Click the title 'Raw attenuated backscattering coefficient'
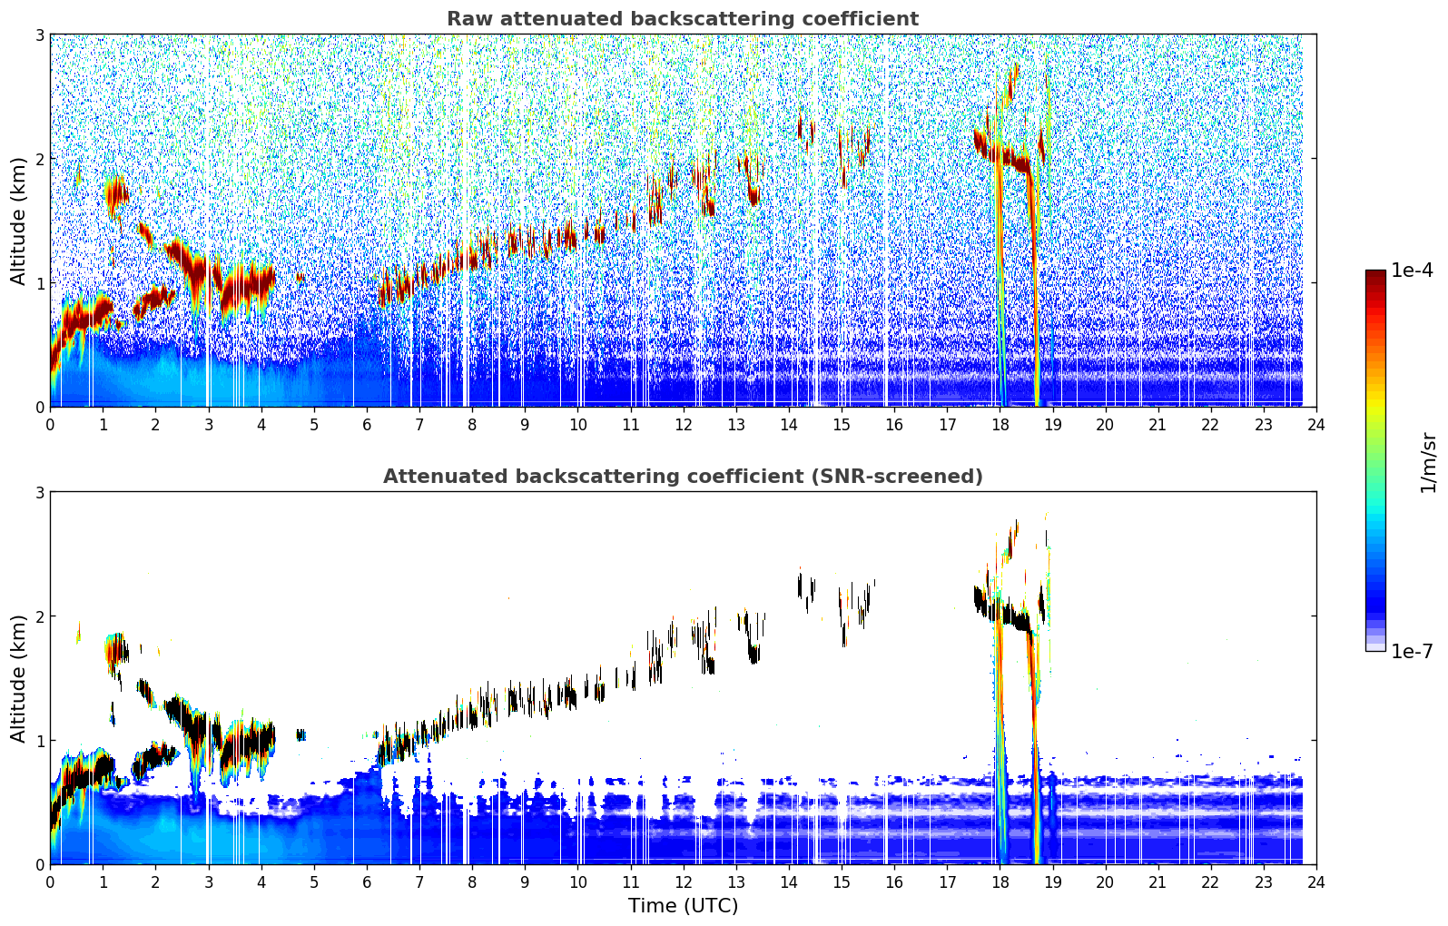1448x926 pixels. tap(683, 19)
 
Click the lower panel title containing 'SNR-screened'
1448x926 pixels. tap(683, 476)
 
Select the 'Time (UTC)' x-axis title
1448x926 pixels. tap(683, 905)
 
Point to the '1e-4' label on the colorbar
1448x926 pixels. tap(1412, 270)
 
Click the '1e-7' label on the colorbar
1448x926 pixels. tap(1412, 651)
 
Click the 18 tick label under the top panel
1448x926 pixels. tap(1000, 425)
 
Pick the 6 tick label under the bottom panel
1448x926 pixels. tap(367, 882)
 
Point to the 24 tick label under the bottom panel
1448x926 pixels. tap(1316, 882)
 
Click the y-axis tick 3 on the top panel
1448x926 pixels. tap(39, 34)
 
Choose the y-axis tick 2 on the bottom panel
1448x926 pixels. tap(39, 616)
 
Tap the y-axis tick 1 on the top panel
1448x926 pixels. tap(39, 283)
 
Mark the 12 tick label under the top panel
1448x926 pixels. tap(684, 425)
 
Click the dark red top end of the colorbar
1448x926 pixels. tap(1375, 273)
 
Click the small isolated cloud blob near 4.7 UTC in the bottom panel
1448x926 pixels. tap(300, 734)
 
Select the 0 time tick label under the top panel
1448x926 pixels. tap(51, 425)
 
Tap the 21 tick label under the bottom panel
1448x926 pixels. tap(1157, 882)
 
